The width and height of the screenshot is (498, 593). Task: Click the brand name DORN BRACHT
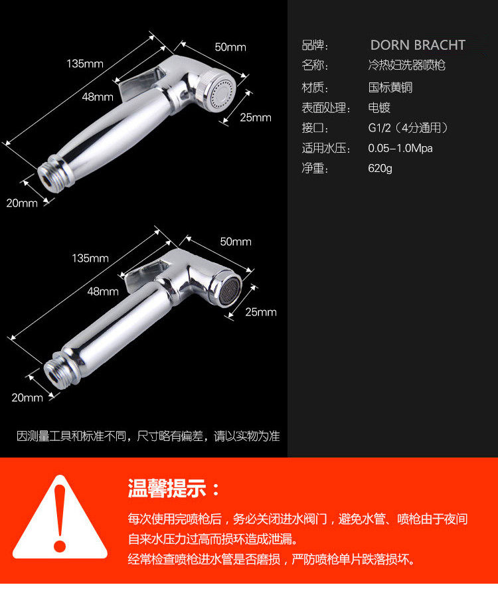418,45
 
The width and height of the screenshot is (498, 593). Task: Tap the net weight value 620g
380,168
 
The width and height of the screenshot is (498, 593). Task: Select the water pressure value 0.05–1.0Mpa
400,148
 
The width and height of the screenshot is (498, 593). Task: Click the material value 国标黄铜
390,88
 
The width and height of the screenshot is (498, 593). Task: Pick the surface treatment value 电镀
379,108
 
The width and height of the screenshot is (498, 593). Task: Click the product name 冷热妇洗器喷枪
406,65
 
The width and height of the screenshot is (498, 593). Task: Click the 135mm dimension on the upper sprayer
85,64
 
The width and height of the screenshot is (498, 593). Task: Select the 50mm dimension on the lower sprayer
236,242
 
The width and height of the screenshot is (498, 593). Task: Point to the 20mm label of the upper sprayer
22,203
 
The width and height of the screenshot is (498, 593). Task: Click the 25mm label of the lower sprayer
261,312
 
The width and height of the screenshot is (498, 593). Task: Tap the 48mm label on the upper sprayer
98,97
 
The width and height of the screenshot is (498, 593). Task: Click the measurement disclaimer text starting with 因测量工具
148,436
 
